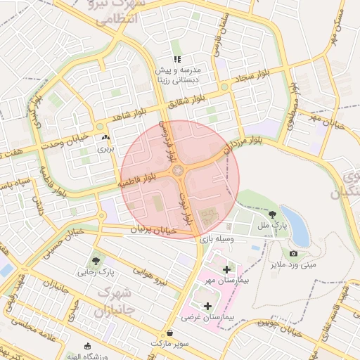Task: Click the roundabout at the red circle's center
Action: point(180,171)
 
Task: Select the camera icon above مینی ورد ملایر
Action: point(292,254)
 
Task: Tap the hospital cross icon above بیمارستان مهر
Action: point(226,269)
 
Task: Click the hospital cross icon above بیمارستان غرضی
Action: point(207,307)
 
